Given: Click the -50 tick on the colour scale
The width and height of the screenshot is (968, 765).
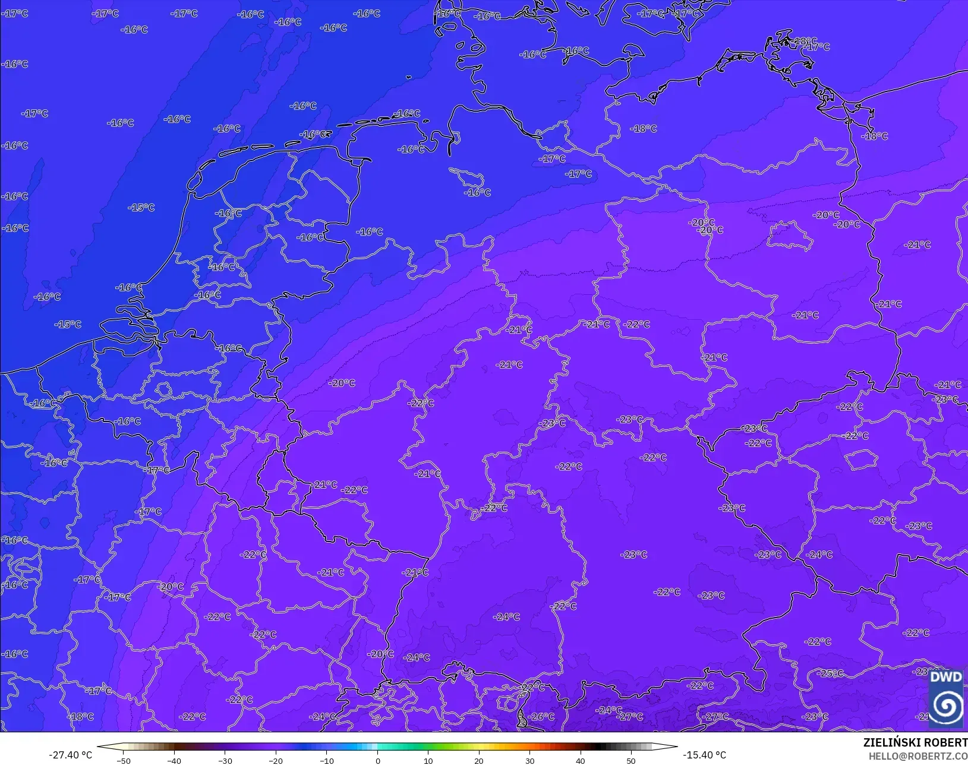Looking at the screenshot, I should pyautogui.click(x=124, y=760).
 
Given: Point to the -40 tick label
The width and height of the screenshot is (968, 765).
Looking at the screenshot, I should pyautogui.click(x=174, y=760).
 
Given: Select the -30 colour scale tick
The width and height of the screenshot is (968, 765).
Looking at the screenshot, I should pyautogui.click(x=225, y=760).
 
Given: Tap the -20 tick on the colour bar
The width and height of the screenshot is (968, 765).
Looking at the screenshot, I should pyautogui.click(x=276, y=760).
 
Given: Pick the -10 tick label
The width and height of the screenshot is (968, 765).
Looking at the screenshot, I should pyautogui.click(x=327, y=760).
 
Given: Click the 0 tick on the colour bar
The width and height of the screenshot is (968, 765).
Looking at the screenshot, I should pyautogui.click(x=377, y=760).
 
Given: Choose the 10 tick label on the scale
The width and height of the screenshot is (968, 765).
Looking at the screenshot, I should pyautogui.click(x=428, y=760).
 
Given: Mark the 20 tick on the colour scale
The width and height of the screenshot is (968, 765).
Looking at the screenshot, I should pyautogui.click(x=479, y=760).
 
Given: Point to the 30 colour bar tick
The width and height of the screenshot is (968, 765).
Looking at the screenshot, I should pyautogui.click(x=529, y=760).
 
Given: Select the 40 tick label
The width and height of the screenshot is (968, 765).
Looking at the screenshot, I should pyautogui.click(x=581, y=760).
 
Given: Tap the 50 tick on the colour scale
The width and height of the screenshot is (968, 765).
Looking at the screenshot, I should pyautogui.click(x=631, y=760).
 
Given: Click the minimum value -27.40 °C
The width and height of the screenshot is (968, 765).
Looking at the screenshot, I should pyautogui.click(x=70, y=755).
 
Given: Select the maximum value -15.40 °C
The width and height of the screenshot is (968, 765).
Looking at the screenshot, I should pyautogui.click(x=704, y=755).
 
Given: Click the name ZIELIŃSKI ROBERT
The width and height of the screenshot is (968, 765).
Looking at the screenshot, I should pyautogui.click(x=915, y=742).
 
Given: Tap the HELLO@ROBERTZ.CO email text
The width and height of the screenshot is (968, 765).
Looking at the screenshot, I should pyautogui.click(x=918, y=756).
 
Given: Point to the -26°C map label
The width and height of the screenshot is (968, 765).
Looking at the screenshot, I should pyautogui.click(x=541, y=716).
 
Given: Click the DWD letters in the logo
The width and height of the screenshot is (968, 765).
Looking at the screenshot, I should pyautogui.click(x=945, y=677).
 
